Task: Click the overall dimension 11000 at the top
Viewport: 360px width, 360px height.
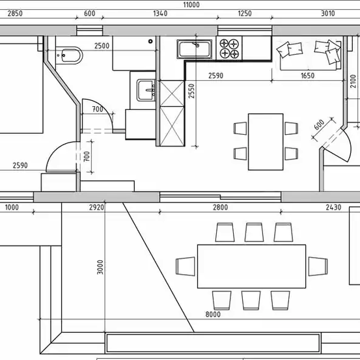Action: click(x=191, y=4)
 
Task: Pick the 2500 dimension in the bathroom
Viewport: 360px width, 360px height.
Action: click(x=102, y=46)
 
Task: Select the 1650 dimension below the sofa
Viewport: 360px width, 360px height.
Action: click(x=308, y=76)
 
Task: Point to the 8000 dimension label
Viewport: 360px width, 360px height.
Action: click(x=213, y=314)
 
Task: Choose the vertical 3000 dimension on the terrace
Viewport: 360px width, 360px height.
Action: click(x=100, y=268)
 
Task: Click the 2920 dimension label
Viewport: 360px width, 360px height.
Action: click(x=96, y=208)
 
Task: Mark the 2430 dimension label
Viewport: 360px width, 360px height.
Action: click(x=333, y=208)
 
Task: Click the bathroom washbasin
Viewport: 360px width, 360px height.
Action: click(x=145, y=89)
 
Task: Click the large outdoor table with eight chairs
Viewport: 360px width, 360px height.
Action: click(x=251, y=266)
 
